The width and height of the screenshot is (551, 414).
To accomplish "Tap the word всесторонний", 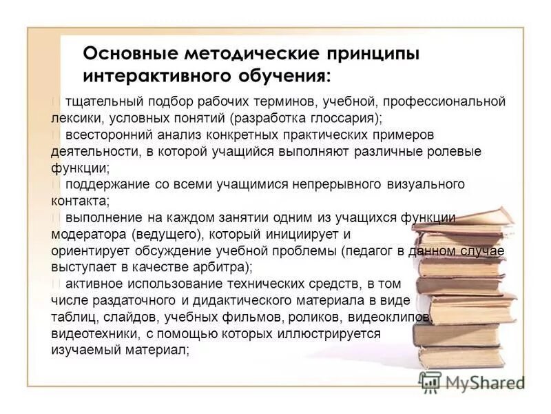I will (104, 135).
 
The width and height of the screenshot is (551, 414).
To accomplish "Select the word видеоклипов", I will (394, 317).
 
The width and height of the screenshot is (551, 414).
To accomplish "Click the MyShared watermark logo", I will (472, 382).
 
